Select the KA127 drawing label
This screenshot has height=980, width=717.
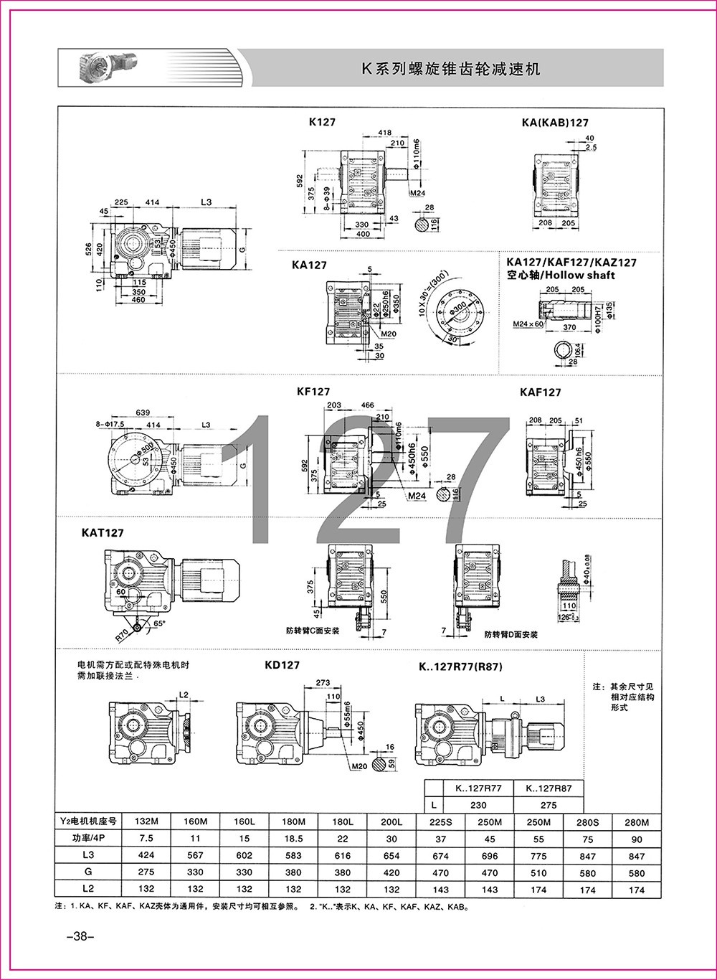tap(309, 265)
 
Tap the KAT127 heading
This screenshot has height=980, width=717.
tap(103, 533)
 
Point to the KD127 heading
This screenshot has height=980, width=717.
tap(282, 665)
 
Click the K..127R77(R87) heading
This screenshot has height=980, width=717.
tap(460, 666)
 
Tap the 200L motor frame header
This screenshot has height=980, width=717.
tap(391, 821)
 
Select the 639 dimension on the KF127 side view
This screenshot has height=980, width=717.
tap(142, 413)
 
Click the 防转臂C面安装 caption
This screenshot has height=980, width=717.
tap(312, 631)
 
